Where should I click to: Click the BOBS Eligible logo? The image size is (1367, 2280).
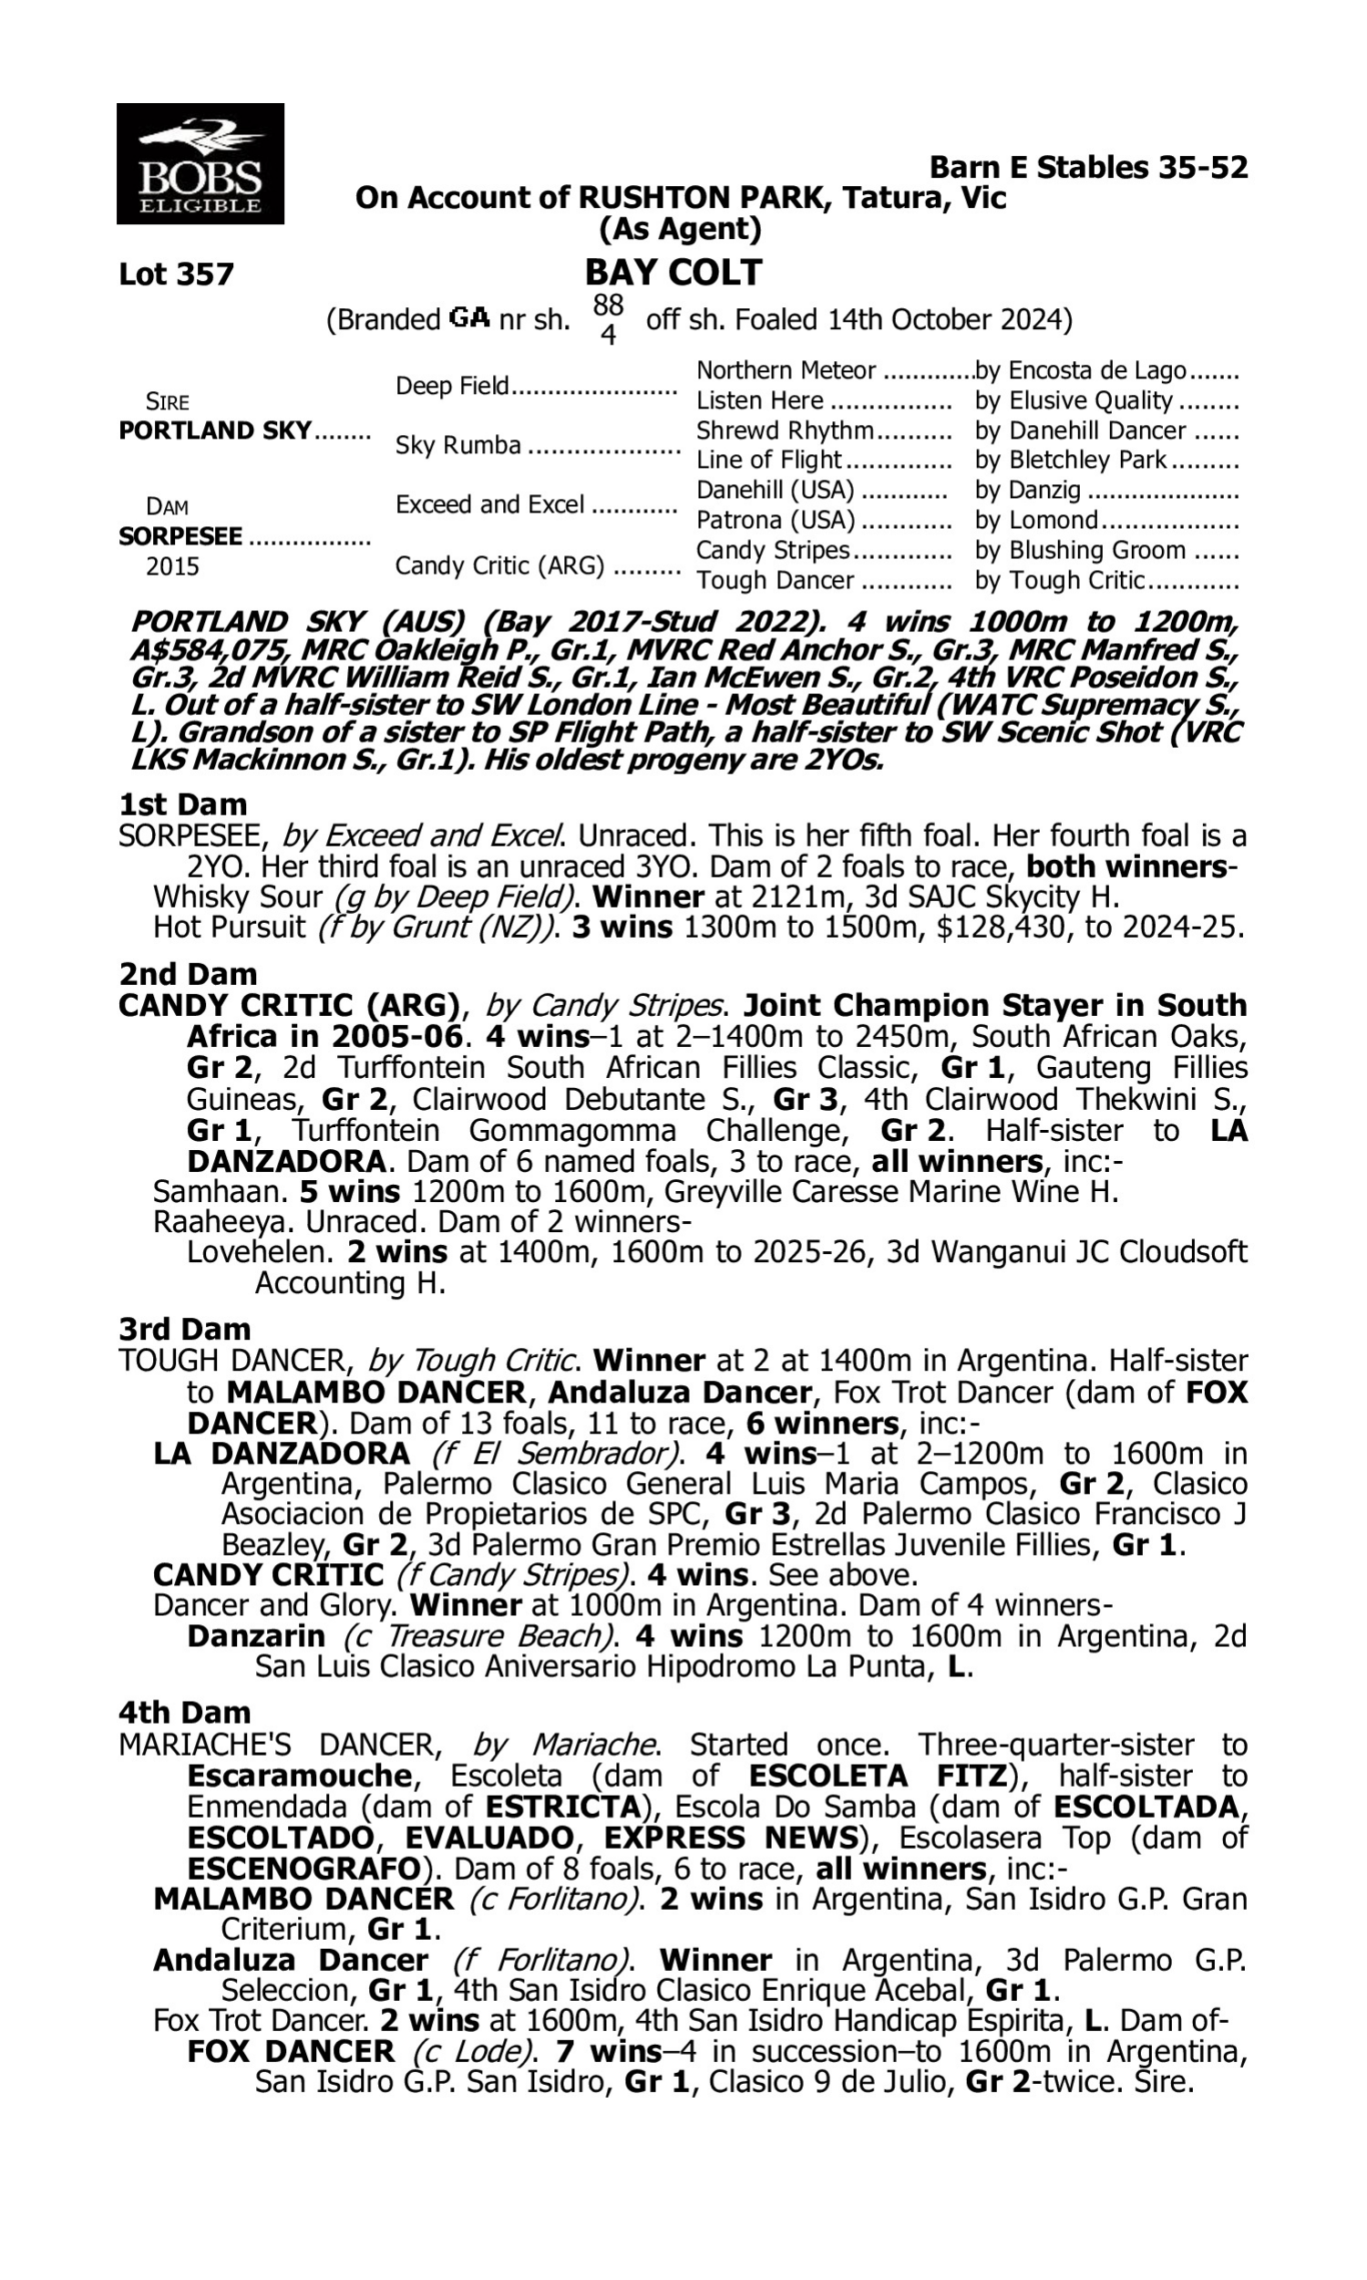(x=200, y=164)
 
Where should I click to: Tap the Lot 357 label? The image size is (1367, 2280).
(x=176, y=275)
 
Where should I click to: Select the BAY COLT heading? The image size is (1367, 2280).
(x=673, y=273)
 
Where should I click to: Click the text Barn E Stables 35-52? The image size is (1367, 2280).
(x=1088, y=168)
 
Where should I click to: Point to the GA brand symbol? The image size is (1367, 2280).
(x=468, y=319)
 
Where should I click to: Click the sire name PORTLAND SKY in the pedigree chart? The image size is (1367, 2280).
(x=215, y=431)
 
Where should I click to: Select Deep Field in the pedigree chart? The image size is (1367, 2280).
(x=452, y=385)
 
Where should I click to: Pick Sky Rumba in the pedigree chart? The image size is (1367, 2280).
(x=457, y=446)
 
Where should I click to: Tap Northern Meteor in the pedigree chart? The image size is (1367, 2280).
(x=785, y=370)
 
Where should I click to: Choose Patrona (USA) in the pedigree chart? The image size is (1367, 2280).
(x=775, y=521)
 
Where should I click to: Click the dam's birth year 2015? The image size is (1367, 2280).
(x=172, y=566)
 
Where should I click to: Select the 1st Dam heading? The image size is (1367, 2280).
(x=183, y=804)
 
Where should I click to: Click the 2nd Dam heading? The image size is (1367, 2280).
(x=188, y=974)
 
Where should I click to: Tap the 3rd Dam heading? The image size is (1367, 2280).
(x=185, y=1329)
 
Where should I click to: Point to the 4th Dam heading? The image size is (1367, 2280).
(x=185, y=1713)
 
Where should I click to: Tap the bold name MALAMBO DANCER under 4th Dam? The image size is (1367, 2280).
(x=303, y=1899)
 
